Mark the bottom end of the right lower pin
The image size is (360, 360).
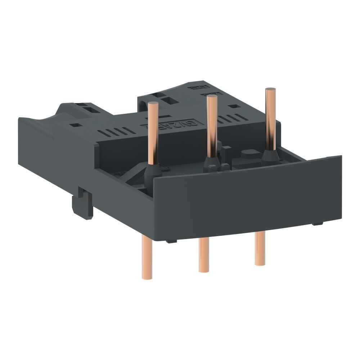click(260, 263)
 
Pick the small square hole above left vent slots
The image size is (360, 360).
click(77, 125)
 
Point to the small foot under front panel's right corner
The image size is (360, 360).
click(318, 224)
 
